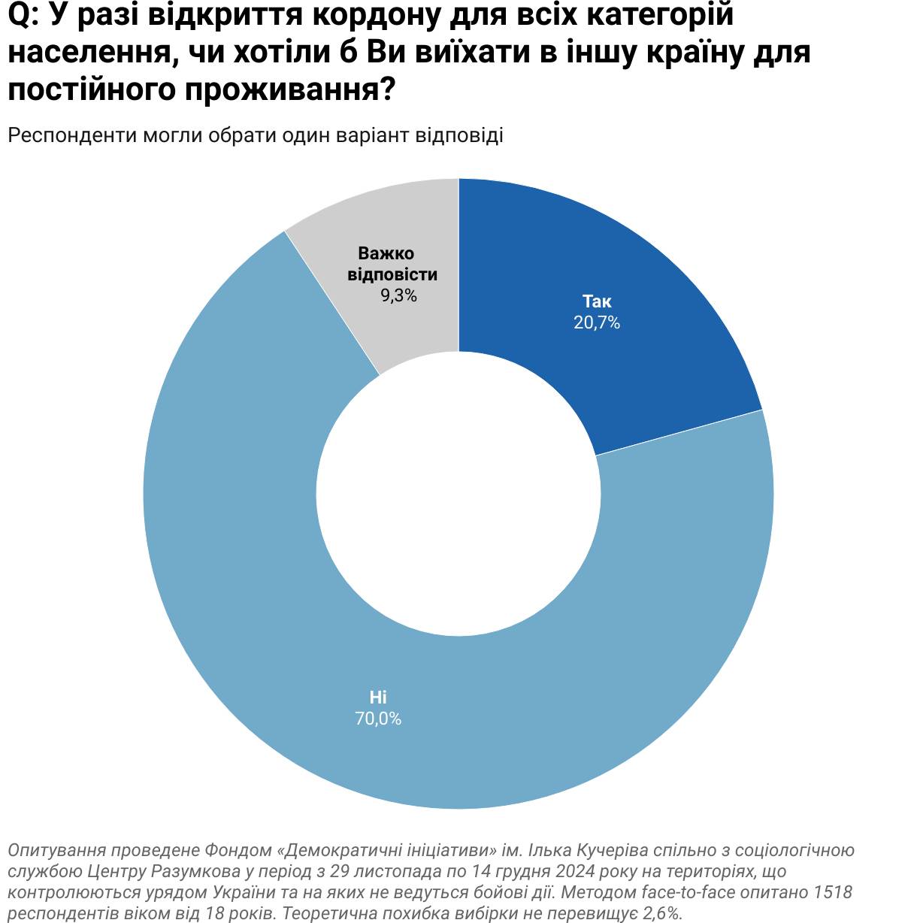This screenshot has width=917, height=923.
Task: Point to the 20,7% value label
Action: click(x=597, y=323)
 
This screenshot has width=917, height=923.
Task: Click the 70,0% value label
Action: click(x=378, y=719)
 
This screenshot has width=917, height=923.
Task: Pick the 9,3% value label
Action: click(x=398, y=295)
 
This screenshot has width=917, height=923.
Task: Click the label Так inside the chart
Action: click(x=597, y=302)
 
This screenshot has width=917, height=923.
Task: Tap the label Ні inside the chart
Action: click(x=378, y=698)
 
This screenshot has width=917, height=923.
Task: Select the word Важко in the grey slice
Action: click(x=386, y=253)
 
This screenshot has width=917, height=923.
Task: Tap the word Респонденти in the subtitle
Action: click(x=71, y=135)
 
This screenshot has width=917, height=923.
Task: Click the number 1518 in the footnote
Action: click(x=834, y=892)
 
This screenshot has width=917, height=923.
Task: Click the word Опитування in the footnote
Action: click(x=56, y=851)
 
